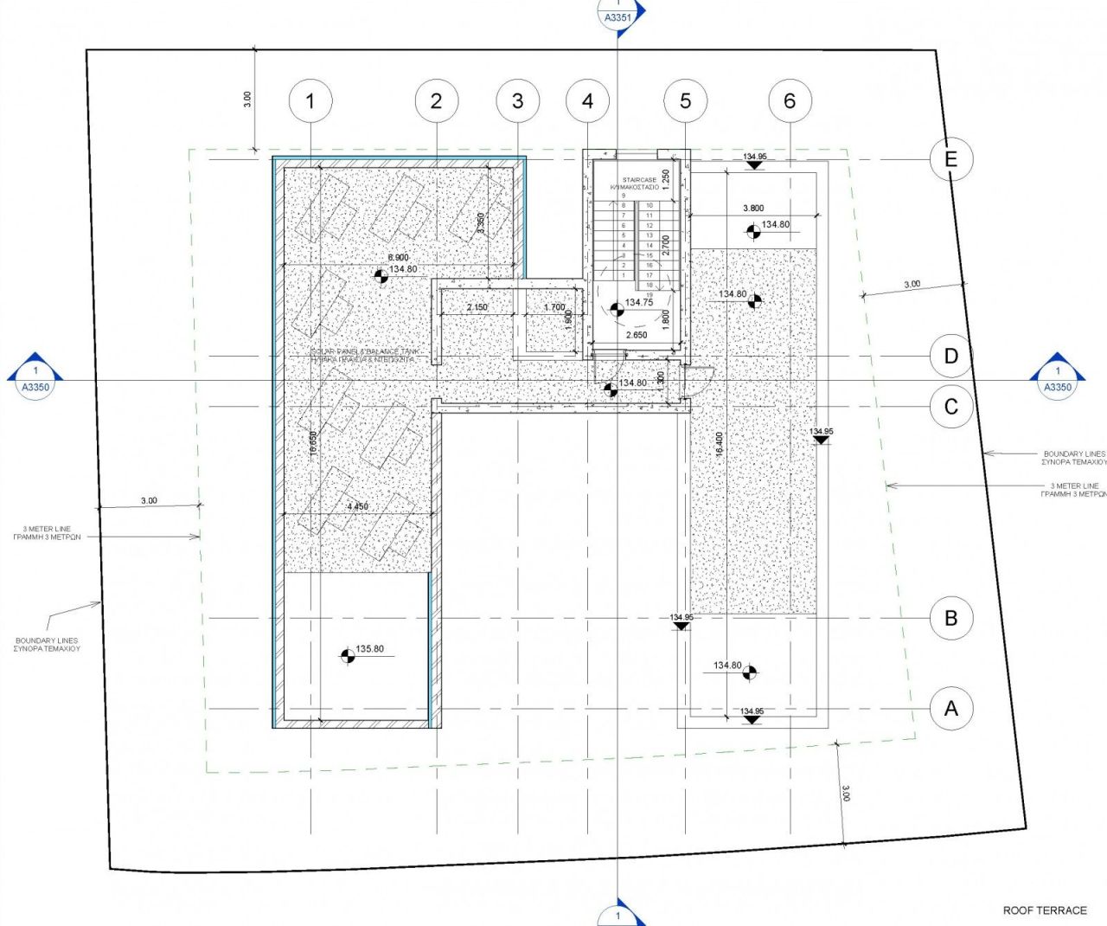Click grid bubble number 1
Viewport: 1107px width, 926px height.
tap(310, 101)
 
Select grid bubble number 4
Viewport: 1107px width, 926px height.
tap(588, 101)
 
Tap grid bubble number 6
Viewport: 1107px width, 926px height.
tap(790, 101)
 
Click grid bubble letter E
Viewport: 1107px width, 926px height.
tap(951, 159)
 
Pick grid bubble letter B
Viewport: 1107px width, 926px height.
tap(951, 618)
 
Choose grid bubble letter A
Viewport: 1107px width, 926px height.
tap(951, 709)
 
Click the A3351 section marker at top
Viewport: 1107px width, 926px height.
tap(617, 16)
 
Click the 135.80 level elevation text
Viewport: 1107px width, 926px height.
tap(370, 649)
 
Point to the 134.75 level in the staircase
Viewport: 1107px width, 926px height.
tap(639, 303)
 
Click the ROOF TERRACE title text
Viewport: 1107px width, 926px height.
tap(1045, 910)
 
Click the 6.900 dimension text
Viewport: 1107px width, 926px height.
tap(398, 258)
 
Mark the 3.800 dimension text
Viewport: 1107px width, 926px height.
tap(753, 209)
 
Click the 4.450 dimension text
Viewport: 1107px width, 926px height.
tap(357, 507)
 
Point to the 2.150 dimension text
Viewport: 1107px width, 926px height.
tap(477, 307)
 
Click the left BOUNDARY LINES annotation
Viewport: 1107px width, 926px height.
tap(47, 645)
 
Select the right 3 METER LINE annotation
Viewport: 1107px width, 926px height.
tap(1074, 490)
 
